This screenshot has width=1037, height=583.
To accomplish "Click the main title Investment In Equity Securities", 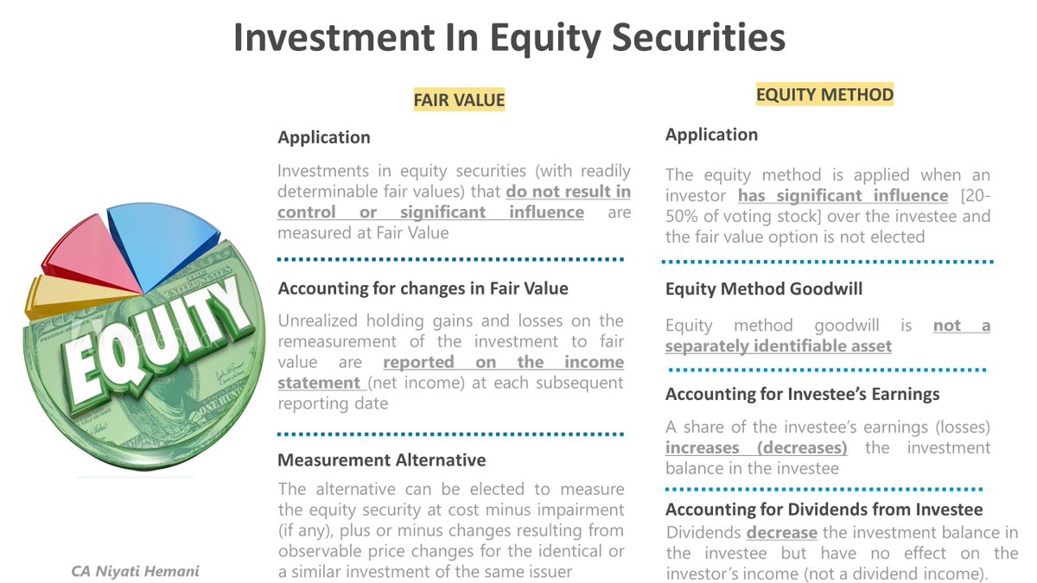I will click(x=509, y=38).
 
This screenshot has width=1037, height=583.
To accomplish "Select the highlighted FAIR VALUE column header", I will click(x=458, y=100).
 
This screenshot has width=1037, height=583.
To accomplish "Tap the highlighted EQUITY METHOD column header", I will click(x=824, y=94).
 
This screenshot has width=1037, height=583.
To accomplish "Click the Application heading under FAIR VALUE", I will click(x=324, y=137).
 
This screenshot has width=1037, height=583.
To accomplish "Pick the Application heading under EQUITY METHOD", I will click(x=711, y=135).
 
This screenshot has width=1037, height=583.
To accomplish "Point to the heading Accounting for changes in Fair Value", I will click(x=423, y=288).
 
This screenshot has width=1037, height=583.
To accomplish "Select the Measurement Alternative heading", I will click(x=381, y=460).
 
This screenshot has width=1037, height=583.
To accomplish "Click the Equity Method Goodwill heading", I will click(x=764, y=289).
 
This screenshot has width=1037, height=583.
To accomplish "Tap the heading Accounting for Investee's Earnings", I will click(x=802, y=394).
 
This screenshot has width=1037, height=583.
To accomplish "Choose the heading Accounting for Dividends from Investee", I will click(x=824, y=510).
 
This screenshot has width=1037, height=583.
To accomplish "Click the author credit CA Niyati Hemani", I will click(x=136, y=571).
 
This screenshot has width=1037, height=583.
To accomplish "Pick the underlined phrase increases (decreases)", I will click(x=756, y=448).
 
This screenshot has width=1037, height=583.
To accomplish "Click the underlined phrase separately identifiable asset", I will click(x=778, y=346).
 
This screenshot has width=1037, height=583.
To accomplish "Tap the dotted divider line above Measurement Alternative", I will click(x=449, y=434).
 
